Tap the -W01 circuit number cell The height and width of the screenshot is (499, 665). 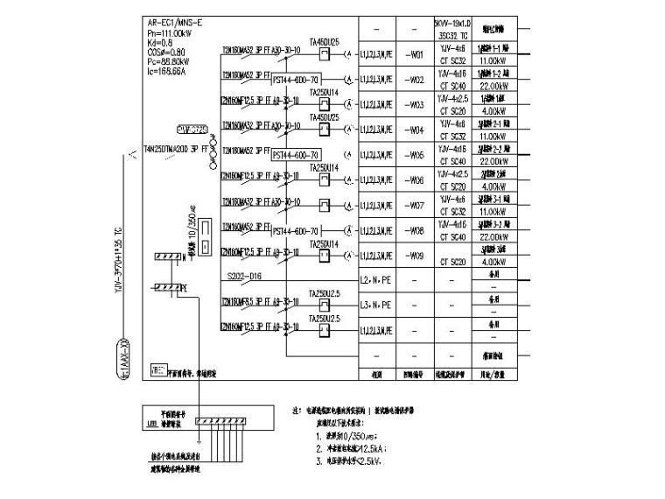[x=416, y=54]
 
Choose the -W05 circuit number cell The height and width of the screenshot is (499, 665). [x=416, y=155]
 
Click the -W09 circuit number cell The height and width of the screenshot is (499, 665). [x=416, y=257]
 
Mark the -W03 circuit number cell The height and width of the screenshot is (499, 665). [x=416, y=104]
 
